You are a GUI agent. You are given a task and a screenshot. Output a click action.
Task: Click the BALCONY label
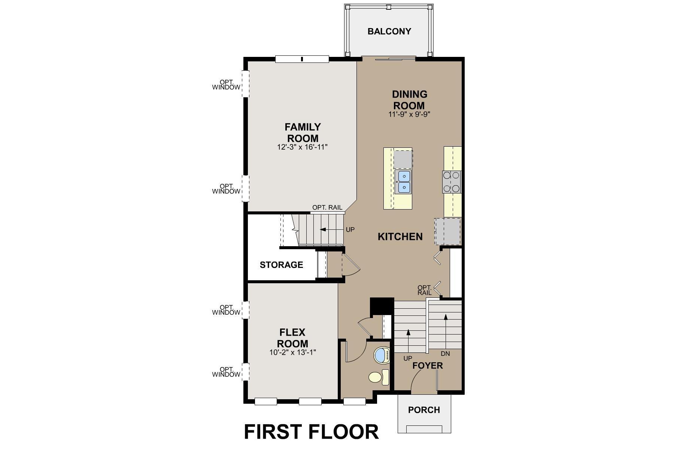coord(389,31)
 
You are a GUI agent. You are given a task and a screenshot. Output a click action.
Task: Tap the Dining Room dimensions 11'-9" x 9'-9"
coord(409,114)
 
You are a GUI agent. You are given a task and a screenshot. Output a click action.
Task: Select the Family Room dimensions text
coord(302,147)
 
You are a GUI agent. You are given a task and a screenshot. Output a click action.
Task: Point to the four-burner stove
coord(452,181)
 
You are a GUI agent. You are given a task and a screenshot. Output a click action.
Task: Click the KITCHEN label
coord(400,236)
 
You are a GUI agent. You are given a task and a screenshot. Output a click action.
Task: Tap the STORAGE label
coord(281,265)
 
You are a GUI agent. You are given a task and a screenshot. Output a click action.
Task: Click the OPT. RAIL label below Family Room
coord(327,208)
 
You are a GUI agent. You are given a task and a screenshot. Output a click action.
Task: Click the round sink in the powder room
coord(382,355)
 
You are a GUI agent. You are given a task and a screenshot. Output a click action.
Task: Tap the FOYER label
coord(427,366)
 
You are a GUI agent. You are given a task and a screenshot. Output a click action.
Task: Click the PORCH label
coord(424,410)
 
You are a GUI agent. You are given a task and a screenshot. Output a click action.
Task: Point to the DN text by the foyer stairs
coord(445,354)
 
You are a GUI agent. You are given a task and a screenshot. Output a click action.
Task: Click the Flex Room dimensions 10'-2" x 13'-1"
coord(292,352)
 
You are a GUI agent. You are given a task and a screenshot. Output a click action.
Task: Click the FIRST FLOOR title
coord(311,431)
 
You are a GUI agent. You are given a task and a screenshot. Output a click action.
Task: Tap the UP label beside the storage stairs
coord(350,230)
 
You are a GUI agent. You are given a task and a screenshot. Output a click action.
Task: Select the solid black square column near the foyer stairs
coord(382,306)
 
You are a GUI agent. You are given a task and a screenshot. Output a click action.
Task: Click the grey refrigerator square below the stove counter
coord(447,232)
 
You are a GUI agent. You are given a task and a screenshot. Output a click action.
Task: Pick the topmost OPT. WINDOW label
coord(226,85)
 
